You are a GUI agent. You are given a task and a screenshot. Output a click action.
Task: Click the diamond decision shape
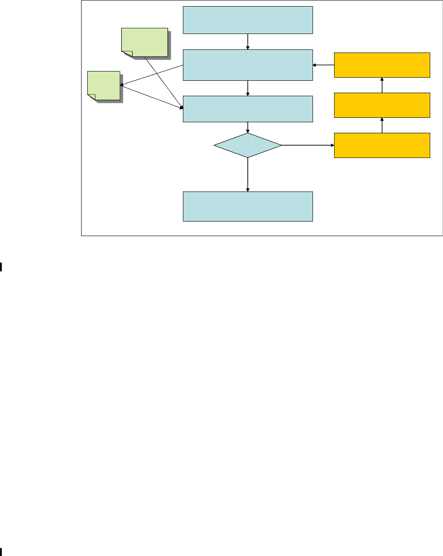(x=248, y=145)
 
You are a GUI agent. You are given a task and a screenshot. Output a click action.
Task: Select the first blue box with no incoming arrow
(x=248, y=20)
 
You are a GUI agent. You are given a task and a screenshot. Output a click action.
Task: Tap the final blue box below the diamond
(x=248, y=206)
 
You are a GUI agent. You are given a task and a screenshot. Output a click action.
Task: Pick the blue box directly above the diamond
(x=248, y=109)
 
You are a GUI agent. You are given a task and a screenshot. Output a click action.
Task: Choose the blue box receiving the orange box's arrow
(x=248, y=65)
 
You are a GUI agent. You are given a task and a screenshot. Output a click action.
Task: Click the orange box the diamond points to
(x=382, y=145)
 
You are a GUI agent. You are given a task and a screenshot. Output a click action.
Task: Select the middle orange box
(x=382, y=105)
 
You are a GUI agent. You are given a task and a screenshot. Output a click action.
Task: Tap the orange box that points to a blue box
(x=382, y=65)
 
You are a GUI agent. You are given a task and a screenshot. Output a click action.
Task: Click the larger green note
(x=145, y=42)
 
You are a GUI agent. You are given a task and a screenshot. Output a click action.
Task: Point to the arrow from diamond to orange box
(x=307, y=145)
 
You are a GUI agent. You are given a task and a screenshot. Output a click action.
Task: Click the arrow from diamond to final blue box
(x=248, y=174)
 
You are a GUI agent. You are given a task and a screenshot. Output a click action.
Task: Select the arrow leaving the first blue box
(x=248, y=41)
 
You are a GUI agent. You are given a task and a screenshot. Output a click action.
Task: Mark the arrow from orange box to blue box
(x=323, y=65)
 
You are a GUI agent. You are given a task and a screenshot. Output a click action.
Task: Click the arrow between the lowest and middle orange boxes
(x=382, y=125)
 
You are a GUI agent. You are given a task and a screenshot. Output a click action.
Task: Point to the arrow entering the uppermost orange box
(x=382, y=85)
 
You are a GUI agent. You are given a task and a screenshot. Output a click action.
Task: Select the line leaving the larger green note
(x=163, y=82)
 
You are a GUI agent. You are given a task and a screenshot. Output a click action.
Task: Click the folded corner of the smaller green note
(x=92, y=97)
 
